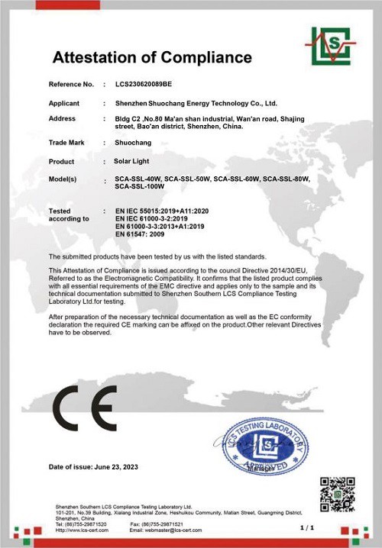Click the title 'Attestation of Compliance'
pyautogui.click(x=151, y=57)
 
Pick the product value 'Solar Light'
pyautogui.click(x=132, y=162)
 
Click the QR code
pyautogui.click(x=337, y=494)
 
